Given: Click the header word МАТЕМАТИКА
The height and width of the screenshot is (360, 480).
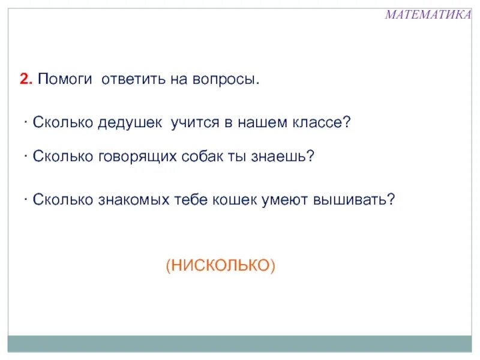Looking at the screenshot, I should (427, 15).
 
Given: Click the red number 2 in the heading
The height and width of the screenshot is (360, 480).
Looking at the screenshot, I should (26, 79).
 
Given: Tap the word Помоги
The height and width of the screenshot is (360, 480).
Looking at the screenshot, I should (65, 80).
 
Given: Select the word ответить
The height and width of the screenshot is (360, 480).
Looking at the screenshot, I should (132, 79).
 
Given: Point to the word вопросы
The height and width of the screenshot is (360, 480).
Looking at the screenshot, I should (227, 79).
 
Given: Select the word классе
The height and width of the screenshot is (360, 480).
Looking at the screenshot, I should (320, 123).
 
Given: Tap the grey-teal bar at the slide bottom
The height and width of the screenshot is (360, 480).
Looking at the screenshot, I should (240, 344).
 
